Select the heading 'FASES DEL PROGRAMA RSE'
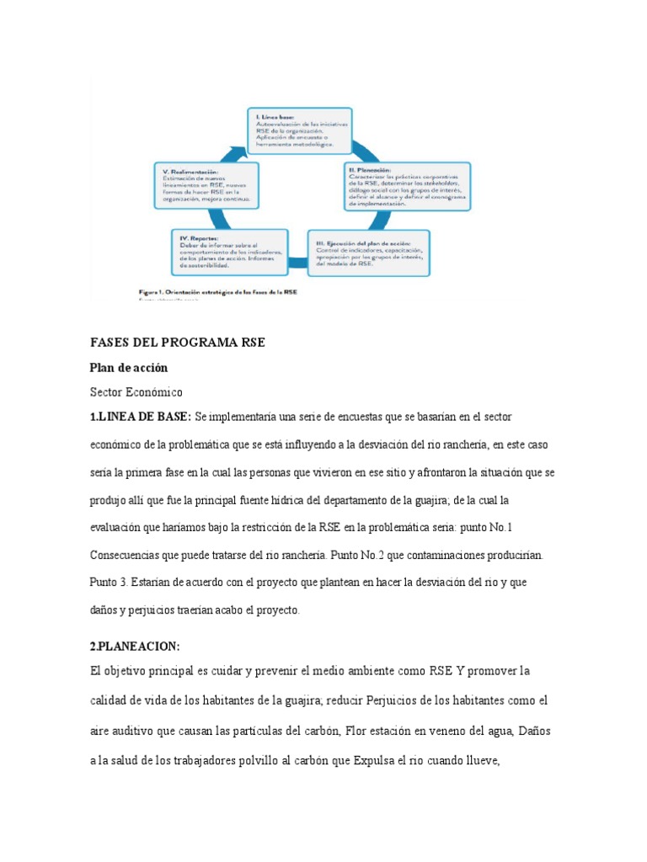click(177, 343)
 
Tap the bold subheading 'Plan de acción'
click(129, 368)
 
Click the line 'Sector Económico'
click(136, 392)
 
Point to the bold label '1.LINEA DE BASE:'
click(141, 418)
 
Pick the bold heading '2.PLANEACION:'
click(135, 646)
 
